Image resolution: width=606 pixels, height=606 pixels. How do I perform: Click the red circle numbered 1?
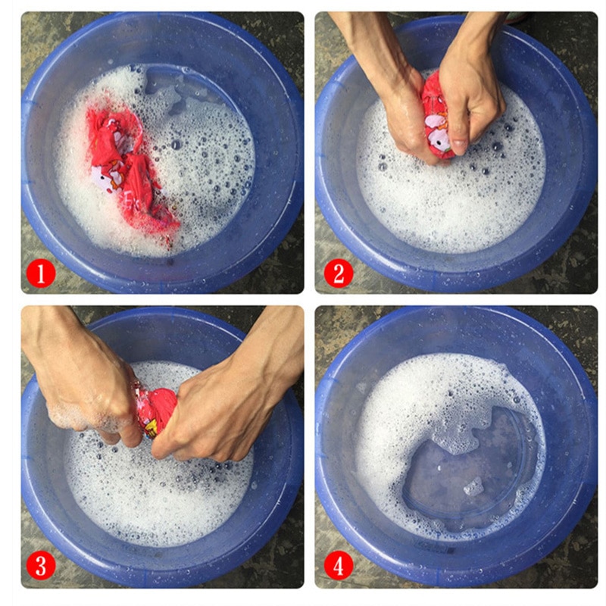pyautogui.click(x=41, y=273)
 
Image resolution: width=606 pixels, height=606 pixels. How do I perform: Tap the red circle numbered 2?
pyautogui.click(x=339, y=273)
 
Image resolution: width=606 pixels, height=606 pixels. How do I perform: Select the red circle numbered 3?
pyautogui.click(x=41, y=566)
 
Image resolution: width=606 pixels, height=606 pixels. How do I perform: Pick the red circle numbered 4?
pyautogui.click(x=339, y=566)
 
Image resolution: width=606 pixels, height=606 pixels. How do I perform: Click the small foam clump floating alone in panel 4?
pyautogui.click(x=473, y=487)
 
